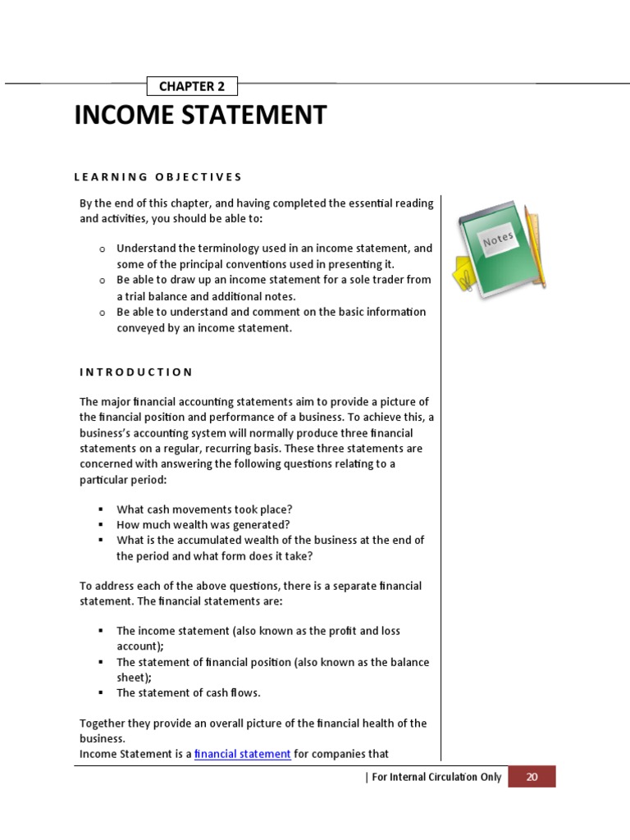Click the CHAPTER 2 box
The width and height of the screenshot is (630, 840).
192,86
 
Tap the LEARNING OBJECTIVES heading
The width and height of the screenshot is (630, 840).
158,176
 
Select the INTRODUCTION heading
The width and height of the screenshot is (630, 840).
136,372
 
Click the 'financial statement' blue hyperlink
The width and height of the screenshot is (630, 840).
243,754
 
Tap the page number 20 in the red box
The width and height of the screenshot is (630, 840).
532,777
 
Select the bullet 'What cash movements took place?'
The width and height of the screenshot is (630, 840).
204,509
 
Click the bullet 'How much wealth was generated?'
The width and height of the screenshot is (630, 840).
203,525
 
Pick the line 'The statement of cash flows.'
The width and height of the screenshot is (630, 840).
188,692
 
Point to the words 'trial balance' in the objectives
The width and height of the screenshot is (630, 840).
157,296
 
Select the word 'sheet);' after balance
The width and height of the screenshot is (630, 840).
135,677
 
